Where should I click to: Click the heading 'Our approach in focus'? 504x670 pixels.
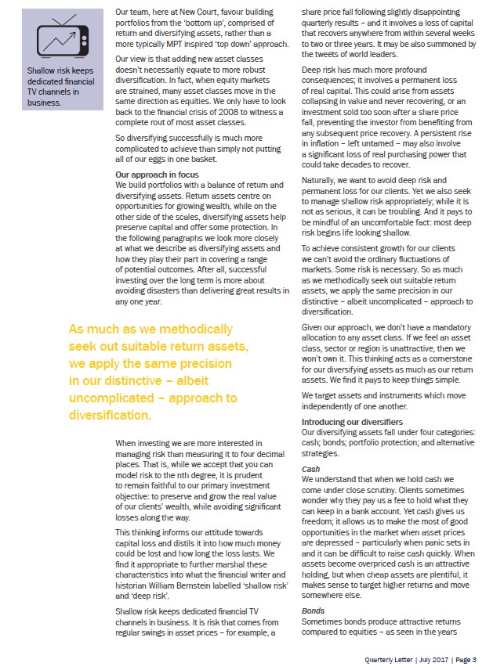pyautogui.click(x=156, y=175)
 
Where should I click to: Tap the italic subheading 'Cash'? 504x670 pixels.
pyautogui.click(x=310, y=469)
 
